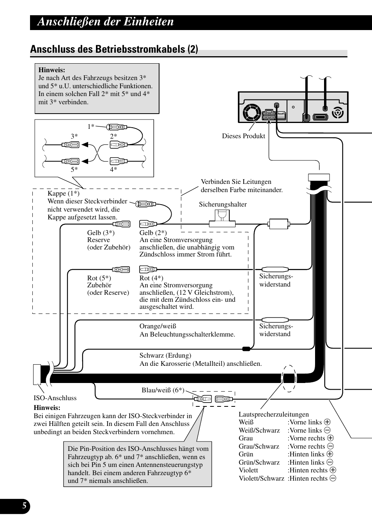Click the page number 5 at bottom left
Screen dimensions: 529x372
tap(24, 506)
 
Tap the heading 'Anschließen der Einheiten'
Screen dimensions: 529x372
tap(106, 22)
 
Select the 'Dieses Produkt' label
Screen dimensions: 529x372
tap(243, 136)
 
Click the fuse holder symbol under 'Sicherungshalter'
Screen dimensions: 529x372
tap(222, 218)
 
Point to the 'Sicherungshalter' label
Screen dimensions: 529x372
tap(223, 204)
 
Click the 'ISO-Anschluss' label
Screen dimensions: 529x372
tap(55, 398)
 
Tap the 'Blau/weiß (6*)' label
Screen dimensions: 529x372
tap(163, 390)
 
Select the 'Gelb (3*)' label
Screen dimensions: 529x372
tap(101, 233)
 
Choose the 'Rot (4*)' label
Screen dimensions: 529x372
tap(151, 278)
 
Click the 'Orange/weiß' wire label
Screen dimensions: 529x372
tap(158, 326)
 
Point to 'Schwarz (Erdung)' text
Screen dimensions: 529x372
tap(165, 355)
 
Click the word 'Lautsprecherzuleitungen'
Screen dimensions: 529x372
tap(273, 414)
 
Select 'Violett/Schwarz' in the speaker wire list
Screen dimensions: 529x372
tap(261, 478)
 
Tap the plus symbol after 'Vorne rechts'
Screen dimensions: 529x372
tap(330, 438)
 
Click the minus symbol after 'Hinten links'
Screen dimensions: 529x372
tap(330, 462)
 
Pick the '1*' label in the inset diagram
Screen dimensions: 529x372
tap(91, 126)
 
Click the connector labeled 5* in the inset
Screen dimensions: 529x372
tap(70, 161)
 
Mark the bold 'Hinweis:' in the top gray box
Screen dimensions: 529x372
tap(51, 70)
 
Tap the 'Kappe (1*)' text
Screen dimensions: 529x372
tap(63, 193)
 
